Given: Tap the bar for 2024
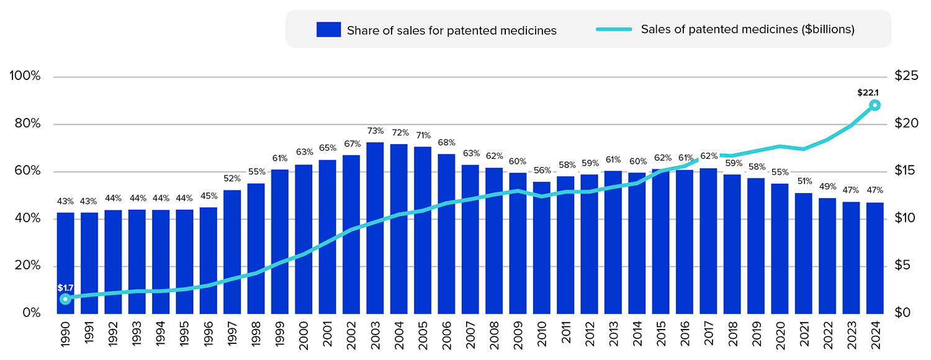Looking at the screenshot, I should coord(875,258).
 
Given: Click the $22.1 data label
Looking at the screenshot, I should coord(868,93).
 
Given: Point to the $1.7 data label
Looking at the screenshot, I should coord(65,288).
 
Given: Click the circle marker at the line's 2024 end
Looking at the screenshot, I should coord(875,105).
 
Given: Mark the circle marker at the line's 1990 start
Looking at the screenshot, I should coord(65,299).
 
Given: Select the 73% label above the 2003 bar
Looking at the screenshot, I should coord(375,131).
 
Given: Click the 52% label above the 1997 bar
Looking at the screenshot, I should coord(232,179).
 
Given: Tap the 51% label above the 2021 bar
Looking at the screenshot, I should coord(804,181).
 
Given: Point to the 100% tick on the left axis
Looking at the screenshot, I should coord(25,76).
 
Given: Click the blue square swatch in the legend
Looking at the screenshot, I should coord(328,29).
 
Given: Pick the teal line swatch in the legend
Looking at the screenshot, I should coord(614,29).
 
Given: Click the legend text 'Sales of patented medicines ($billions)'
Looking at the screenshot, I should coord(748,29).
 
